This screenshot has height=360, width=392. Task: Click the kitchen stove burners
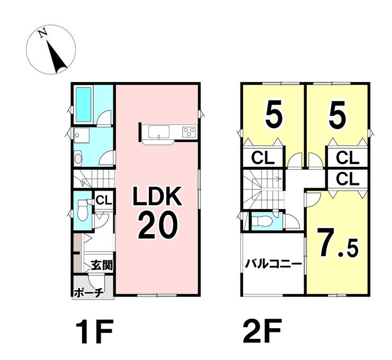(189, 131)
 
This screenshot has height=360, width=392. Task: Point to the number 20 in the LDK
(157, 227)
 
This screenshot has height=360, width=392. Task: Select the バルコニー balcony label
(273, 263)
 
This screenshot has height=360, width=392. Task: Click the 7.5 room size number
(336, 245)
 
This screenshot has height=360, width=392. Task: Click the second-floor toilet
(263, 222)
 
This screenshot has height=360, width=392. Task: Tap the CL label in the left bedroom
(263, 158)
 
